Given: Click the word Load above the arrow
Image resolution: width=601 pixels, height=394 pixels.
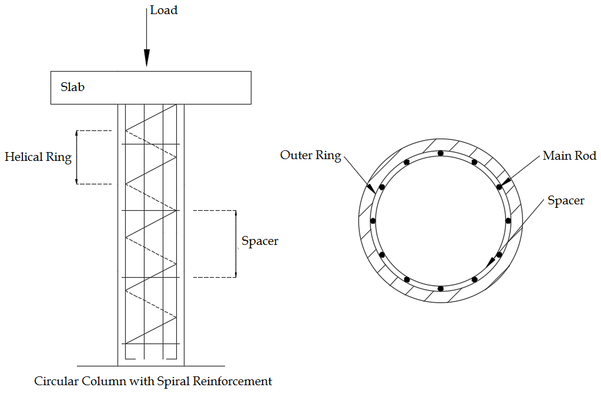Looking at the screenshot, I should coord(163,11).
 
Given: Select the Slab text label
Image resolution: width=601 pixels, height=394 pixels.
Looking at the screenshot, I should coord(73,87).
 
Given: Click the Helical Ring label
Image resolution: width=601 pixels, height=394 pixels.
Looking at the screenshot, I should coord(38,157).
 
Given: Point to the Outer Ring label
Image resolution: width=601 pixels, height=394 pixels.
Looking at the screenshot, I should coord(311,156).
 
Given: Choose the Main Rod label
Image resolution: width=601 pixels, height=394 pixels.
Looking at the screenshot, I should coord(569,156).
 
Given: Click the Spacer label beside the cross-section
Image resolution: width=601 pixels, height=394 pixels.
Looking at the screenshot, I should coord(566,201).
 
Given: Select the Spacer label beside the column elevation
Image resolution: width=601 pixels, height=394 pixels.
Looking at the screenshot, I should coord(260,241).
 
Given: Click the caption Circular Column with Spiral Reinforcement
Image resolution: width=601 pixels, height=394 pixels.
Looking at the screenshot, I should coord(153,381).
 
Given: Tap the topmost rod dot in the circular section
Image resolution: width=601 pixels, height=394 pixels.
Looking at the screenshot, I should coord(441,153).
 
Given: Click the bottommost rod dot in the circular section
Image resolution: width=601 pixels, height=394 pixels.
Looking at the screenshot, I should coord(441,288).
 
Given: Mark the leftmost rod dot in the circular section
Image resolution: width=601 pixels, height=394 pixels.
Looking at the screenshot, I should coord(373,221).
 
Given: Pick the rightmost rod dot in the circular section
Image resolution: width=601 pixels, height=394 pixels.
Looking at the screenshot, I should coord(508,221).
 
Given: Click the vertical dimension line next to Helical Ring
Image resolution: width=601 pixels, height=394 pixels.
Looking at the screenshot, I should coord(76,157).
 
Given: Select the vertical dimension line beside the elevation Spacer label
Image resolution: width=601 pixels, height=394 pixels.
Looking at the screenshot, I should coord(236,243).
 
